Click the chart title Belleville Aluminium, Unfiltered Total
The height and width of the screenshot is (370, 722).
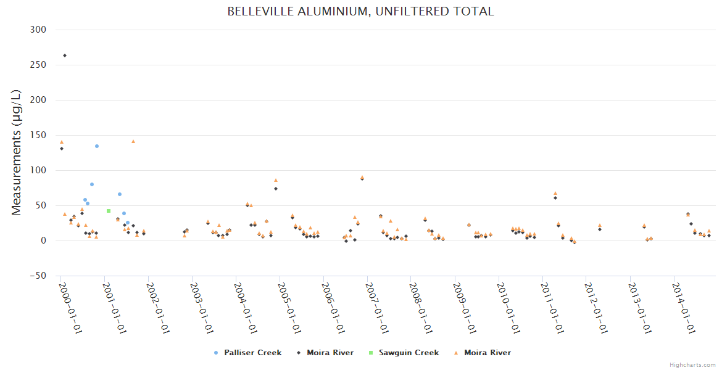click(360, 12)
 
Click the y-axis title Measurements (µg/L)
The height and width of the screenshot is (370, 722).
click(17, 152)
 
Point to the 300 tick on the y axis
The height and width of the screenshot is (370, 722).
click(38, 30)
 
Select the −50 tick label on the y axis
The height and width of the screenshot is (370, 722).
click(38, 276)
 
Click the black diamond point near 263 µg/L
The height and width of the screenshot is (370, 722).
click(65, 55)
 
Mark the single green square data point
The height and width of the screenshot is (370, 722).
click(109, 211)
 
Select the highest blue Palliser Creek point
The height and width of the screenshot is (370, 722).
click(97, 146)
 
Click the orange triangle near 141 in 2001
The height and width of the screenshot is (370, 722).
click(133, 141)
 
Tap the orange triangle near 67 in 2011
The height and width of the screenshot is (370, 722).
click(555, 193)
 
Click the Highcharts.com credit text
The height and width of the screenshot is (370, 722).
click(692, 365)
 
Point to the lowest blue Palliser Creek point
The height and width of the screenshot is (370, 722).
click(128, 223)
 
